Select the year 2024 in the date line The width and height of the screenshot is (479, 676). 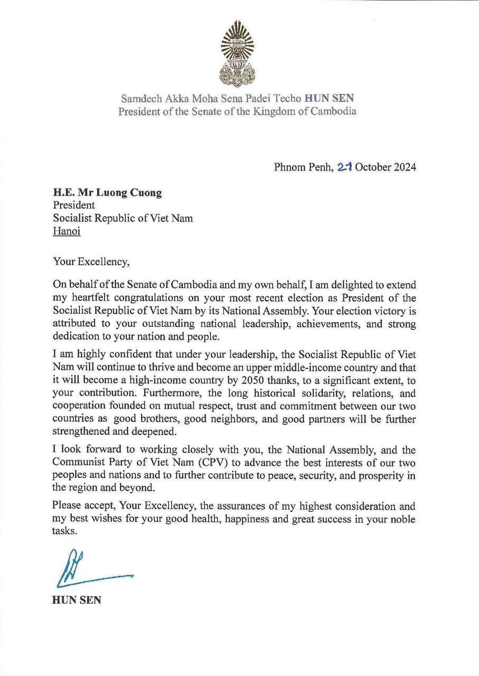pyautogui.click(x=403, y=167)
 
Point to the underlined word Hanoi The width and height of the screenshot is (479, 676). pyautogui.click(x=67, y=231)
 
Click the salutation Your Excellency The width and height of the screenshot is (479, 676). pyautogui.click(x=90, y=261)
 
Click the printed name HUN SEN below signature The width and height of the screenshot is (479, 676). pyautogui.click(x=76, y=600)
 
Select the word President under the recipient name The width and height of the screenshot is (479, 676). pyautogui.click(x=74, y=205)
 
